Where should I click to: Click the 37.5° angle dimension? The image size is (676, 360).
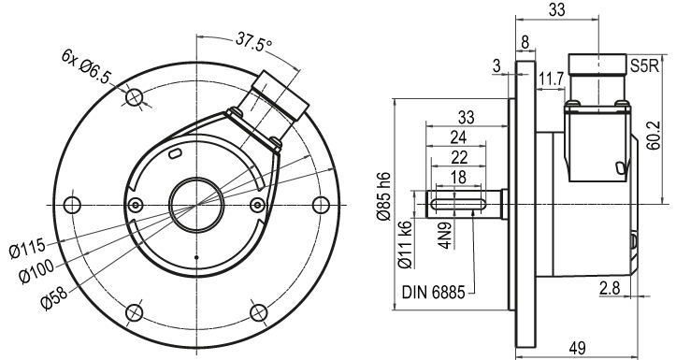pos(254,41)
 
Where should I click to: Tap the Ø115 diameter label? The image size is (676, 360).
pos(27,250)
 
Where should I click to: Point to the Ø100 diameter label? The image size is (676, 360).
pos(37,271)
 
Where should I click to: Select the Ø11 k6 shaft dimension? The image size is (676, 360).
pos(406,243)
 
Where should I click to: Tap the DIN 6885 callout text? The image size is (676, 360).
pos(433,293)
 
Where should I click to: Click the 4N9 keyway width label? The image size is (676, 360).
pos(446,236)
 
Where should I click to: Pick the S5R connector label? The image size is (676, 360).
pos(644,66)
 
